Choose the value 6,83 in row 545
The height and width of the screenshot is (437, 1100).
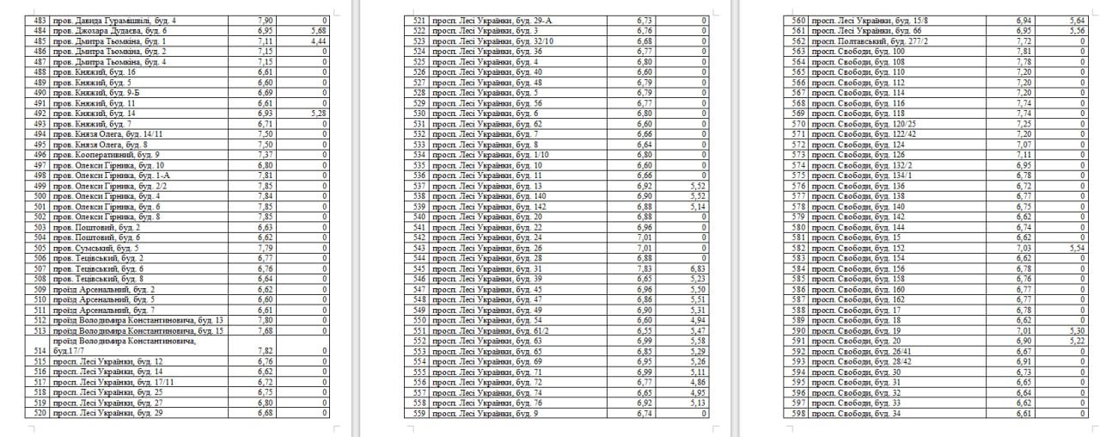pos(696,268)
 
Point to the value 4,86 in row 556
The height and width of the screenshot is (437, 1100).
pos(696,381)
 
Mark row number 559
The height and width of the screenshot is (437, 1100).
pos(420,412)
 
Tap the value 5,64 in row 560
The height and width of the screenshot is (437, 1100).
pos(1075,18)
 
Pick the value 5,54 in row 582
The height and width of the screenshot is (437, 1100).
pos(1075,247)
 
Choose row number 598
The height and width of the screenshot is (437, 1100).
pos(798,412)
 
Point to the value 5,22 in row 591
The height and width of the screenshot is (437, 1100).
pos(1075,340)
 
